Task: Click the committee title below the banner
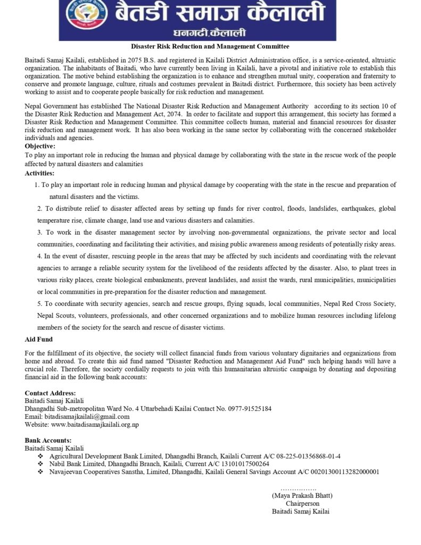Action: coord(210,47)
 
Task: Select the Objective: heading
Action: coord(39,146)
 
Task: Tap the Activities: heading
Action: coord(39,173)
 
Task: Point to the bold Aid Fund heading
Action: coord(39,339)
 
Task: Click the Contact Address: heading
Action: coord(50,393)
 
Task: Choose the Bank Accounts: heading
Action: coord(48,441)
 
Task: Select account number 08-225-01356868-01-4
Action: coord(308,456)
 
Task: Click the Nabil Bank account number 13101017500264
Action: coord(241,464)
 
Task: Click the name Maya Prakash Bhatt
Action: coord(302,496)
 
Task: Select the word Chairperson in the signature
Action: coord(302,503)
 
